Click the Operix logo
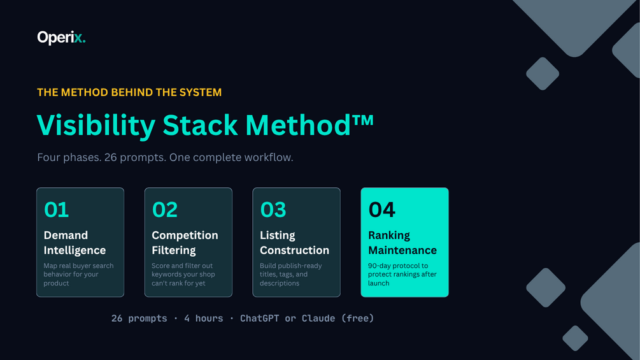click(61, 38)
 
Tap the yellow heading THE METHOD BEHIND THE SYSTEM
click(129, 92)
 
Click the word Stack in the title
click(200, 125)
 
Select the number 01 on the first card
click(56, 210)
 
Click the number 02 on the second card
click(165, 210)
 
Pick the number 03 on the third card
click(273, 210)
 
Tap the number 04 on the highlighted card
click(381, 210)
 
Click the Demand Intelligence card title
click(75, 243)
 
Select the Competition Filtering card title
click(185, 243)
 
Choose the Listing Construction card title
click(295, 243)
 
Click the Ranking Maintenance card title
click(402, 243)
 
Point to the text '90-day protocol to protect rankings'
click(402, 270)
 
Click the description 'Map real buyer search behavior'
click(78, 270)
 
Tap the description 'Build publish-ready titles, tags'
click(290, 270)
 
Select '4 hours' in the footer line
click(203, 319)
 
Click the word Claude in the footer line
click(318, 319)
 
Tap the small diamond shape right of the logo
click(543, 73)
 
